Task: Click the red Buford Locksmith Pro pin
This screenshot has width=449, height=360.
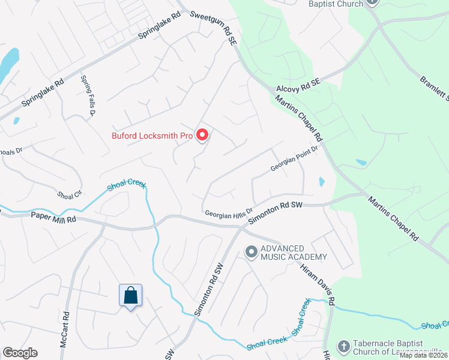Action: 202,136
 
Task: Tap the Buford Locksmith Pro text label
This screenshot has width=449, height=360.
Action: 152,136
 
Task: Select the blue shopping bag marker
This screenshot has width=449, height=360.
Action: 130,296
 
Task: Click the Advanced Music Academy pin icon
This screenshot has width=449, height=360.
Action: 251,250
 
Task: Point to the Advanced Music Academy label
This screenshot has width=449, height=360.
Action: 294,253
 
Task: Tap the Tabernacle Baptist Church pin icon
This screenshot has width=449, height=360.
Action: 343,346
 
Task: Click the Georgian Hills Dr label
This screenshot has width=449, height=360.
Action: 227,213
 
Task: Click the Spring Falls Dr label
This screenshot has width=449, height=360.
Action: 88,96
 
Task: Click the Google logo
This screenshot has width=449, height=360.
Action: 20,353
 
